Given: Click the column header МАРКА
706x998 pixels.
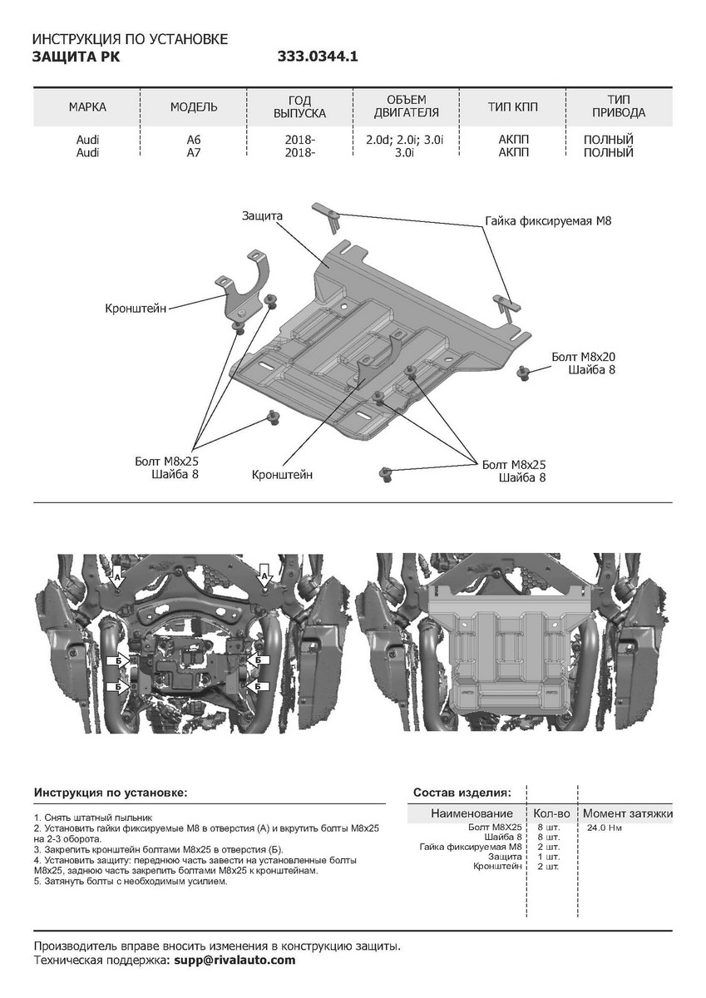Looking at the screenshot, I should (x=88, y=107).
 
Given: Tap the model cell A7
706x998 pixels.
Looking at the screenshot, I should (x=194, y=152).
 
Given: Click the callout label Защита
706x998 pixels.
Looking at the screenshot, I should (x=263, y=215).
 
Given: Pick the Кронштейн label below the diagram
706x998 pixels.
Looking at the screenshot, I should (x=282, y=475).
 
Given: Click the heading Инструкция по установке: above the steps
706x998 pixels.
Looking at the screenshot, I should (x=111, y=793).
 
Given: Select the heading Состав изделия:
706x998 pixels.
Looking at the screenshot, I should (x=462, y=793).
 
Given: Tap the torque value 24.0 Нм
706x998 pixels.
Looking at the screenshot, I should (x=604, y=828).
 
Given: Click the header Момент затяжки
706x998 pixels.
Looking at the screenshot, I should (x=627, y=813).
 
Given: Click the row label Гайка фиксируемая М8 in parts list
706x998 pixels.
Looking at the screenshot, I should (x=471, y=847).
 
